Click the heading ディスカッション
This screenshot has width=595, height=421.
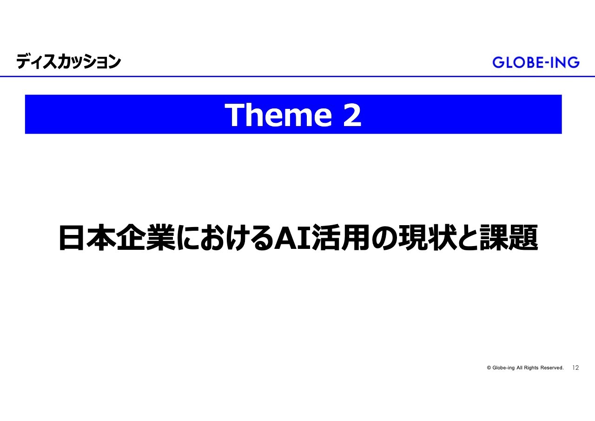pyautogui.click(x=68, y=61)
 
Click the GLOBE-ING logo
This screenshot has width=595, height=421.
pyautogui.click(x=536, y=62)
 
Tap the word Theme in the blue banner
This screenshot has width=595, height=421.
pyautogui.click(x=278, y=115)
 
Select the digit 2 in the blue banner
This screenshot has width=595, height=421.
pyautogui.click(x=352, y=115)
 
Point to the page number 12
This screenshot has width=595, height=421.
pyautogui.click(x=575, y=368)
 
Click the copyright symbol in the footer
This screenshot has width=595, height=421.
pyautogui.click(x=489, y=368)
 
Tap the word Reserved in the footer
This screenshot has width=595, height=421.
pyautogui.click(x=552, y=368)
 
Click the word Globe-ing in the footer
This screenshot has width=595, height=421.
pyautogui.click(x=503, y=368)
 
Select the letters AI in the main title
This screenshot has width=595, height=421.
pyautogui.click(x=292, y=238)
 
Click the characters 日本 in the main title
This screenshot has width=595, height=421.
pyautogui.click(x=87, y=238)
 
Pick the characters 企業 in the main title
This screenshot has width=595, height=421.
pyautogui.click(x=146, y=238)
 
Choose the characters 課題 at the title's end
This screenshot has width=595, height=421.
pyautogui.click(x=509, y=238)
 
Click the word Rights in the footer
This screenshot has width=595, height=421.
pyautogui.click(x=531, y=368)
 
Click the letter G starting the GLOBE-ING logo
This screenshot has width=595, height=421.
pyautogui.click(x=498, y=62)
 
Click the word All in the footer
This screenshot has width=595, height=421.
pyautogui.click(x=519, y=368)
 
